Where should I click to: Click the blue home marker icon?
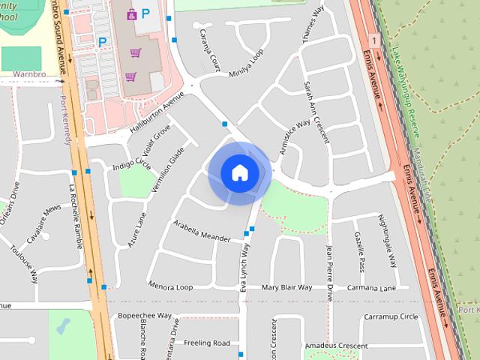coord(240,172)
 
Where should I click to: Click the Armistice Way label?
coord(295,137)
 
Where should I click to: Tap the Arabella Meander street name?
coord(201,231)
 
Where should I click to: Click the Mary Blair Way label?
coord(286,287)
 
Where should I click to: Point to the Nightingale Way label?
coord(388,241)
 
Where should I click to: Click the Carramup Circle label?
coord(391,317)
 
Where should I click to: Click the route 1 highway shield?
coord(373,38)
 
